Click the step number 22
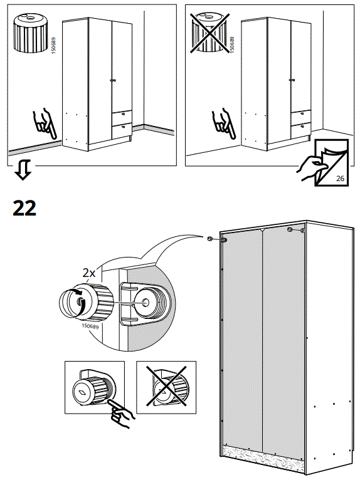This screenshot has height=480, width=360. [x=24, y=208]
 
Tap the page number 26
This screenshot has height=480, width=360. [x=341, y=179]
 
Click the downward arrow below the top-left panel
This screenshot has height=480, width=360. [x=23, y=169]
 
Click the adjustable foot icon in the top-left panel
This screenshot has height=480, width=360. [x=28, y=29]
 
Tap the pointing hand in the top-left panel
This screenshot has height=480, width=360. [x=44, y=123]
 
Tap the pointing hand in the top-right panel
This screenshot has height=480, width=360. [x=223, y=123]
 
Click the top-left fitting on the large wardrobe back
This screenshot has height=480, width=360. [x=223, y=240]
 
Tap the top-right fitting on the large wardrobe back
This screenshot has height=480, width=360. [x=290, y=230]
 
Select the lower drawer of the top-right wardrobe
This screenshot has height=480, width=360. [x=300, y=129]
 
